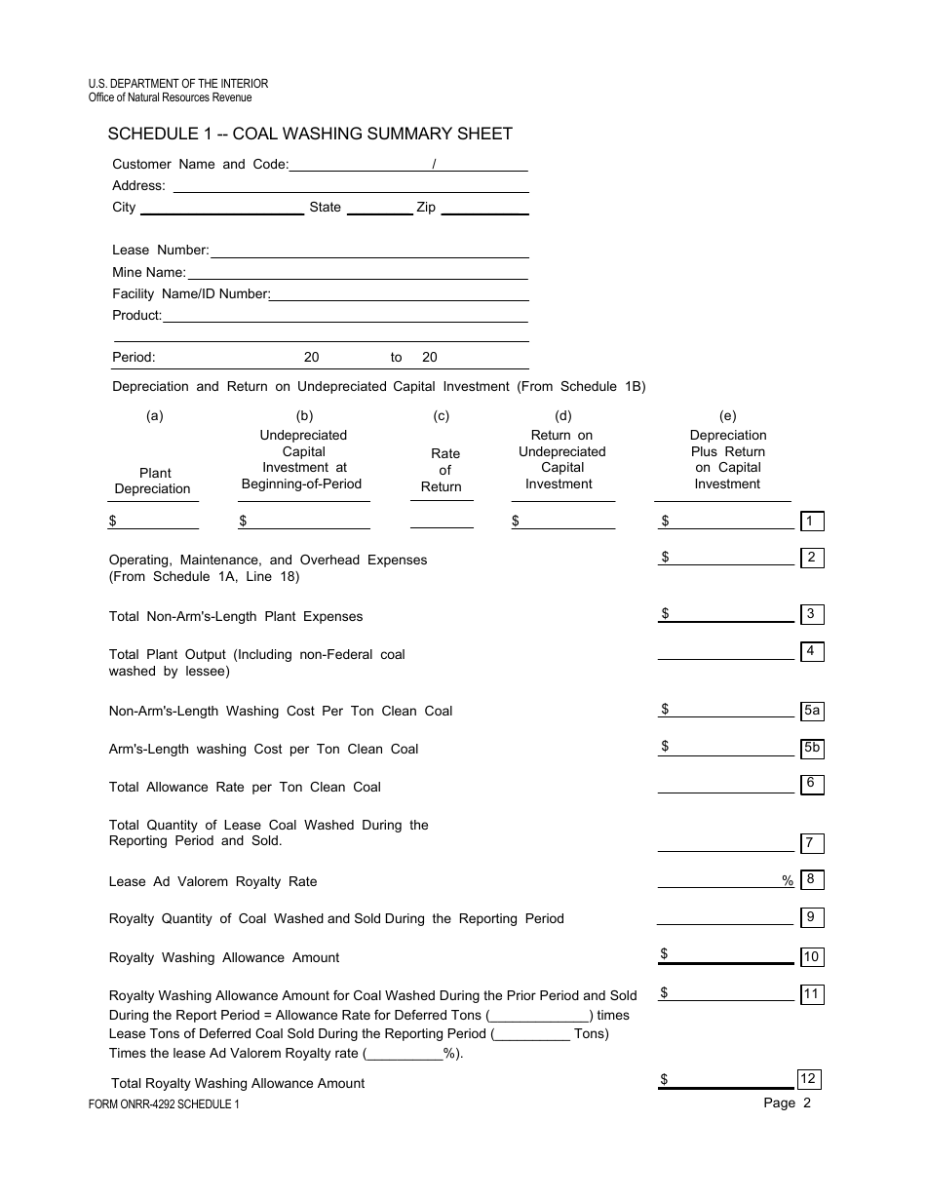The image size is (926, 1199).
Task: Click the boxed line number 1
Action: click(811, 522)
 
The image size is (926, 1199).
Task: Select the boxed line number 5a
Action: click(811, 712)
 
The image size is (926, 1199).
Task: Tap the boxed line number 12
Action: click(808, 1079)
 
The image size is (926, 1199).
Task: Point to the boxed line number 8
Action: click(811, 880)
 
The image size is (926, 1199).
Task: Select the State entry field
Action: click(379, 207)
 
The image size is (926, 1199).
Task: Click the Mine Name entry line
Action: click(358, 273)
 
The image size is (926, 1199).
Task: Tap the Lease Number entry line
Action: click(369, 251)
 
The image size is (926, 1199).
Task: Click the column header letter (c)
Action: click(442, 416)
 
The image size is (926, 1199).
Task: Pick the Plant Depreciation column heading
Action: click(154, 481)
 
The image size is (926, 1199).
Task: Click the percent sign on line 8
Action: click(788, 881)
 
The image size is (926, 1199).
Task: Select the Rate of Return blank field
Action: click(442, 522)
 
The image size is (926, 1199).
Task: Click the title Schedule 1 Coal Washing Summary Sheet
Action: click(310, 134)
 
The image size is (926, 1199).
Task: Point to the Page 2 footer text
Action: click(787, 1103)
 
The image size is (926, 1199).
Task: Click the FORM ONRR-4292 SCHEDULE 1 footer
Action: click(164, 1104)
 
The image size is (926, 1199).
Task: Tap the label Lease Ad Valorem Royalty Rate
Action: click(212, 881)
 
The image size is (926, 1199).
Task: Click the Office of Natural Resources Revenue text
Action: click(171, 97)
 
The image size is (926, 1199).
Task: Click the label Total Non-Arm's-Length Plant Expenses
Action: click(236, 616)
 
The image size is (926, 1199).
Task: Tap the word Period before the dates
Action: click(134, 358)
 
